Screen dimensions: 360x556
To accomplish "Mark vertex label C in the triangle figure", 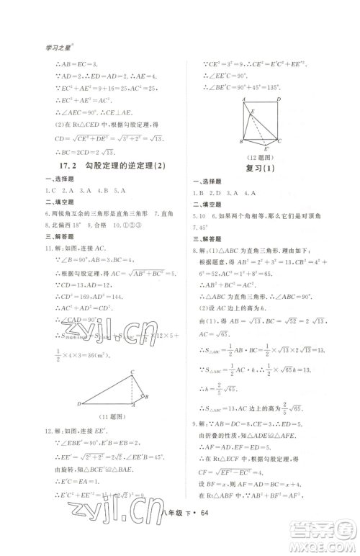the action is [x=132, y=371].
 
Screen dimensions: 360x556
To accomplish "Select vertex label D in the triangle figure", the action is [x=78, y=404].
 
